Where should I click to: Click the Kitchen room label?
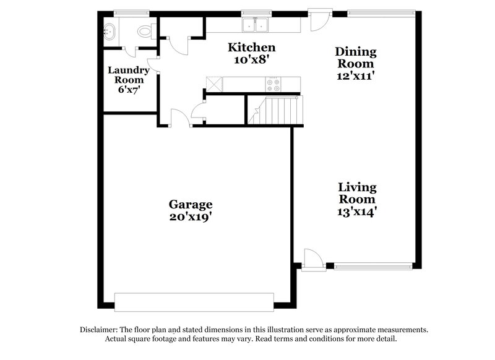point(251,47)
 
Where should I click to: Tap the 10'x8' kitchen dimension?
point(251,60)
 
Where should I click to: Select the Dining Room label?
point(355,58)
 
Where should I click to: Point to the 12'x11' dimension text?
point(355,76)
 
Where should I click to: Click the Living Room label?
point(356,193)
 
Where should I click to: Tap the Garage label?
point(191,204)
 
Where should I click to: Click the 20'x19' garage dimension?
point(191,217)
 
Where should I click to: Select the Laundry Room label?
point(129,75)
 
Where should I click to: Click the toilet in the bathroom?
point(145,30)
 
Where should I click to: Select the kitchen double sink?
point(255,25)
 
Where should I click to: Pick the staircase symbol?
point(277,111)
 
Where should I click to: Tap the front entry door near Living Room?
point(313,259)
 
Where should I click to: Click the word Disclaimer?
point(101,330)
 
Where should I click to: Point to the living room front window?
point(373,267)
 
